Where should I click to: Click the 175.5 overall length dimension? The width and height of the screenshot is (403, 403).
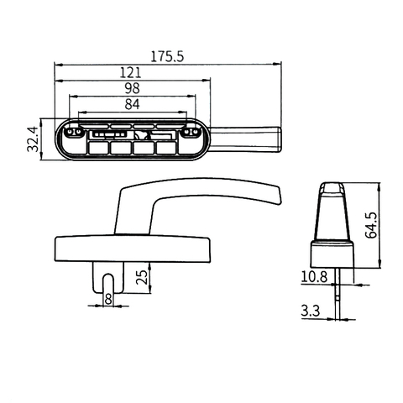167,56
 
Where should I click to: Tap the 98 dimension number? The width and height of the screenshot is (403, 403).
132,89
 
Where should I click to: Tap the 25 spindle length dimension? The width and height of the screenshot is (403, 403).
142,277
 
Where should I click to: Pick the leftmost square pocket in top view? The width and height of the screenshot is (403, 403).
99,148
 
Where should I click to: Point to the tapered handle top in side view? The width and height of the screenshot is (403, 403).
334,210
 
